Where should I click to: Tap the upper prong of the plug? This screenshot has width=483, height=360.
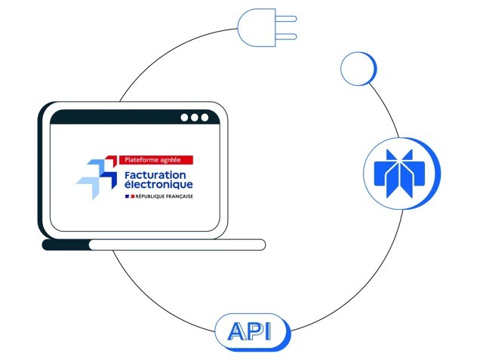coord(285,18)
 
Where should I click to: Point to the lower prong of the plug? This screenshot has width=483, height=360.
coord(285,35)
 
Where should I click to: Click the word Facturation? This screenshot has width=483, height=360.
coord(158,174)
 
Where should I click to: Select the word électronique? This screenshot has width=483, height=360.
coord(158,184)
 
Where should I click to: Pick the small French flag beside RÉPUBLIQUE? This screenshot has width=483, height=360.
coord(128,196)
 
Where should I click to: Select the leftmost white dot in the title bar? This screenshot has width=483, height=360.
coord(184,118)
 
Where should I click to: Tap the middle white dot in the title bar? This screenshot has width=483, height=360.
coord(194,118)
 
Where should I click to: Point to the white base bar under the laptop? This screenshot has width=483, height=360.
coord(177,244)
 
